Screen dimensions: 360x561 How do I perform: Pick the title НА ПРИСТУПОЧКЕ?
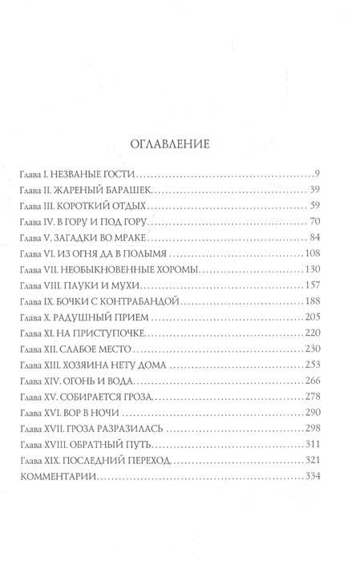click(x=103, y=331)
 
